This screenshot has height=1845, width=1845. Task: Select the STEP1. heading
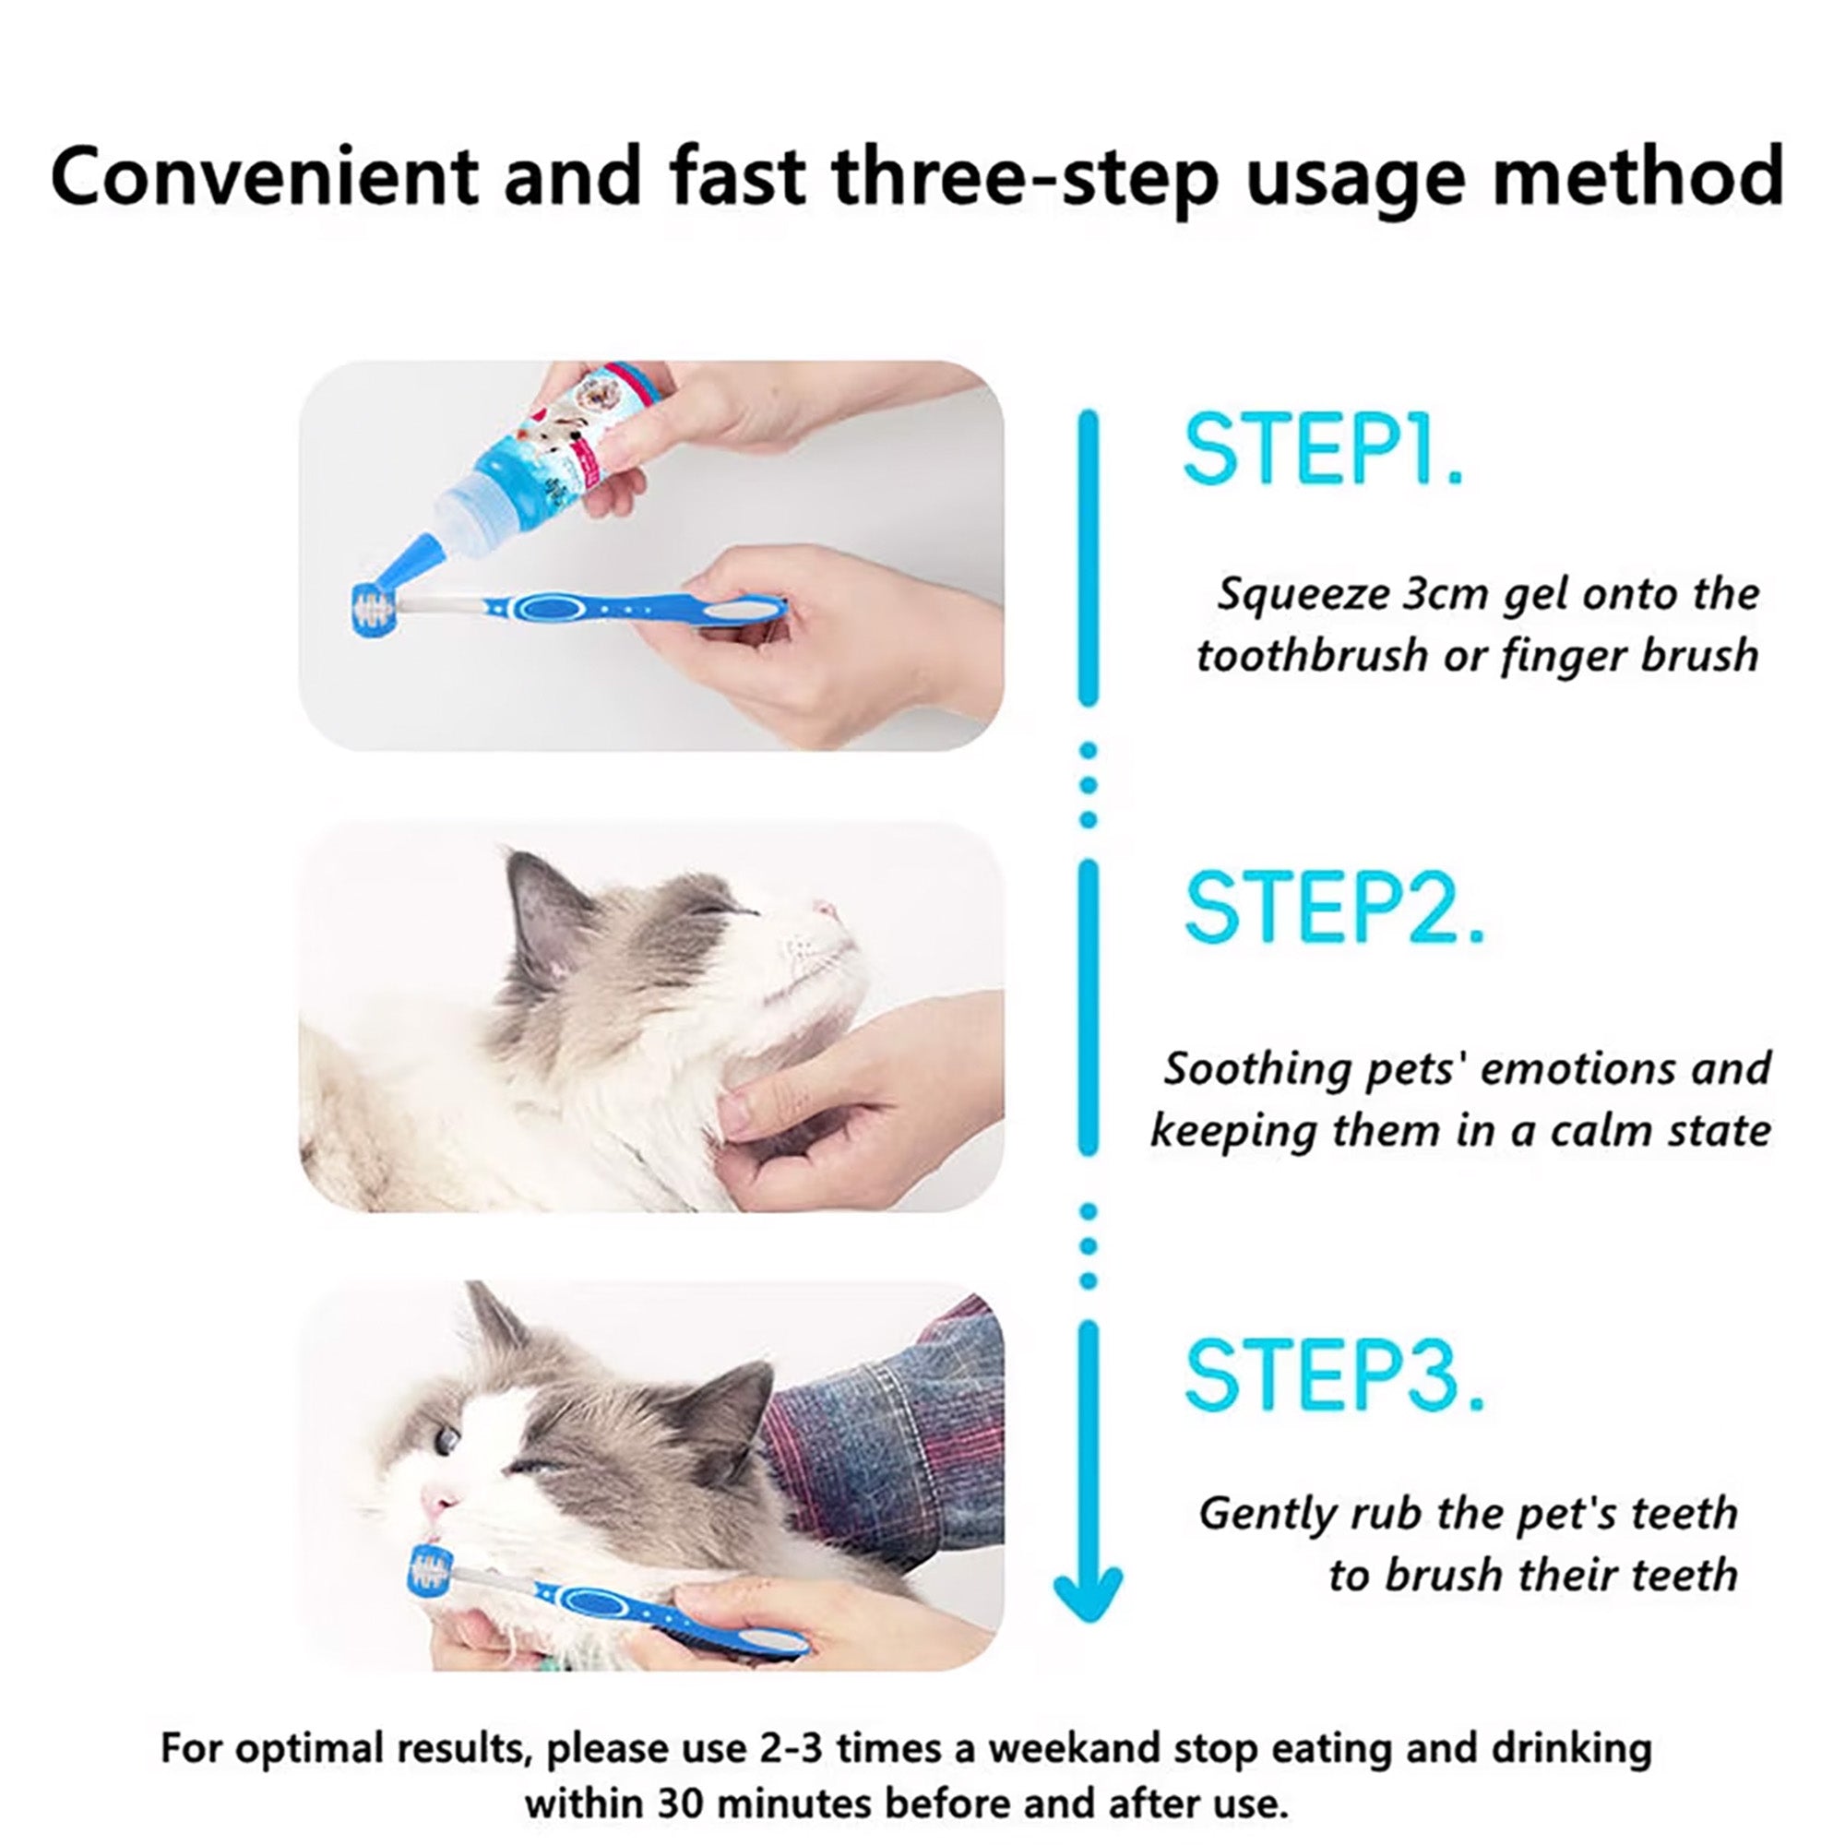[1324, 451]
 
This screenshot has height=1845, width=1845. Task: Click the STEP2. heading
[1335, 907]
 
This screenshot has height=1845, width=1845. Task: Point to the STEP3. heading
[1335, 1376]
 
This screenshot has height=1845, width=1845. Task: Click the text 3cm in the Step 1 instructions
[1439, 594]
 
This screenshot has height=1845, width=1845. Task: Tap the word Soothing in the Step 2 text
[1256, 1068]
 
